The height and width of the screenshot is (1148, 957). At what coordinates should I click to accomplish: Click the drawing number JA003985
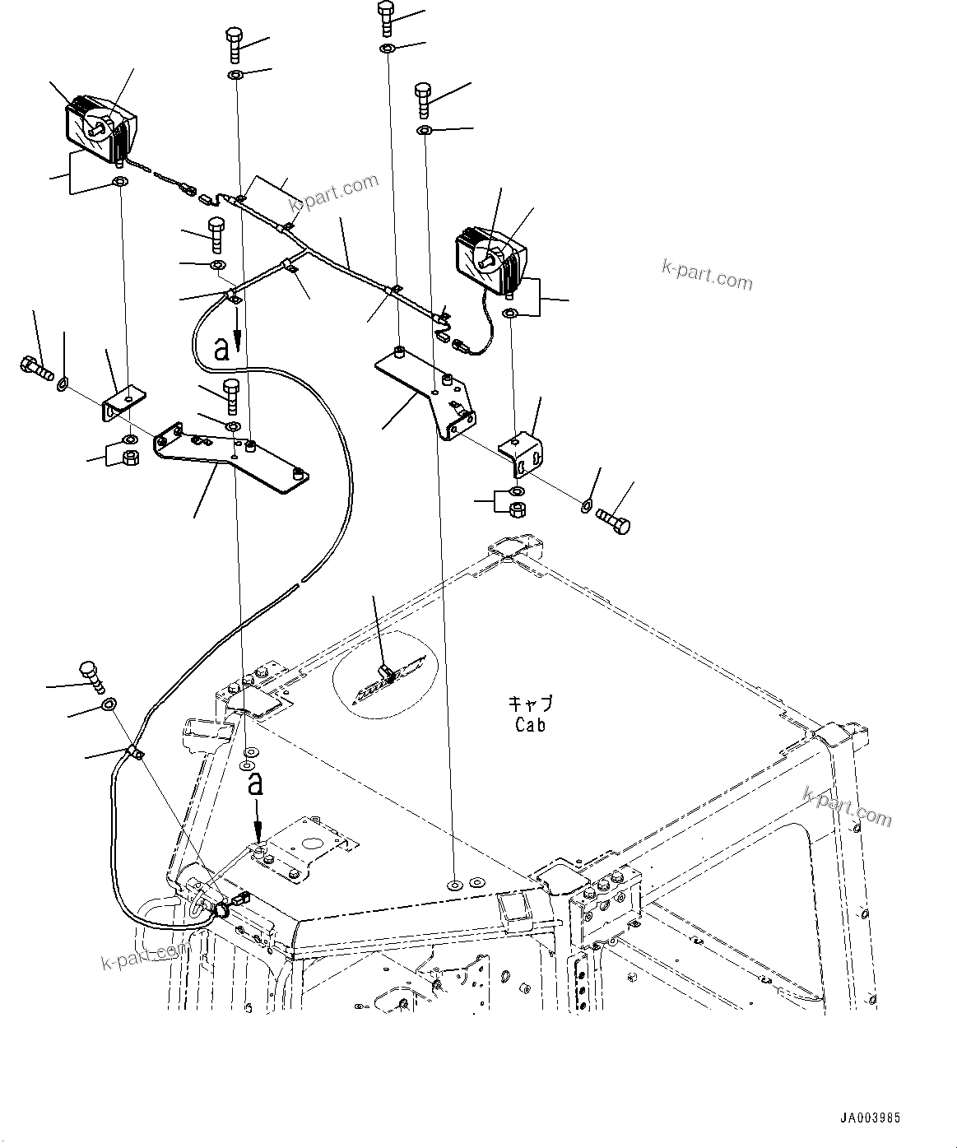870,1118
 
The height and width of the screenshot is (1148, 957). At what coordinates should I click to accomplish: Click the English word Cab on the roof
530,725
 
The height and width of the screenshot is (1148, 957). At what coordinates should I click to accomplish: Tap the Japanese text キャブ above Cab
530,704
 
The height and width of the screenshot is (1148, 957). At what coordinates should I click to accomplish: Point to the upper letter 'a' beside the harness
221,349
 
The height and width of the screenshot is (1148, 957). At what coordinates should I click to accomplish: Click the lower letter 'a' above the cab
257,783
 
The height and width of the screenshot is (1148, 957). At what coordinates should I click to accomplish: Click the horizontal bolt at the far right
613,519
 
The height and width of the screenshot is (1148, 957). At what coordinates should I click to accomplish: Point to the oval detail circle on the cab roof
385,674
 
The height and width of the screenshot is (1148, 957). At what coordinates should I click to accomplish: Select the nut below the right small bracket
517,509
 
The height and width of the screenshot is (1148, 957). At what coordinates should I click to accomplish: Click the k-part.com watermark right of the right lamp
707,275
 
